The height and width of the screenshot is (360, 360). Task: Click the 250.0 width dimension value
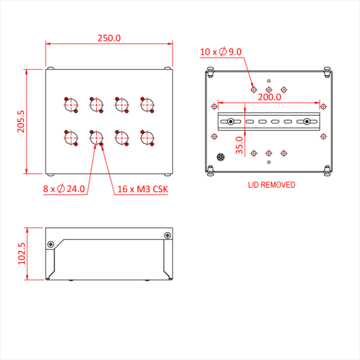tap(109, 38)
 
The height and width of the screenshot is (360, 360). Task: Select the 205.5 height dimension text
tap(21, 121)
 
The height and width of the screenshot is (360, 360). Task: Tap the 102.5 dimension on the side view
tap(21, 254)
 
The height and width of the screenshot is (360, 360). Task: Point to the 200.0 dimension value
tap(269, 97)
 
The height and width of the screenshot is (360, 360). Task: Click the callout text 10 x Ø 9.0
tap(221, 51)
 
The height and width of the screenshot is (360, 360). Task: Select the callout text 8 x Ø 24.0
tap(64, 189)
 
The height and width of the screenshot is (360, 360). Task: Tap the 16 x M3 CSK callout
tap(142, 189)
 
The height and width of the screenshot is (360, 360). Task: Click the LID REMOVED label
tap(272, 185)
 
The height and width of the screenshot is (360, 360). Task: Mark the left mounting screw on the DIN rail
tap(231, 121)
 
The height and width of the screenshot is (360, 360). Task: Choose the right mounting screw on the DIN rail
tap(307, 121)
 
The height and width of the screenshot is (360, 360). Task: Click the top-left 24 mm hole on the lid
tap(70, 104)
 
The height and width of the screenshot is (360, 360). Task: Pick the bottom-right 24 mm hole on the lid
tap(147, 138)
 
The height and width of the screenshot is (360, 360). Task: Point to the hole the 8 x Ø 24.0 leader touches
tap(96, 138)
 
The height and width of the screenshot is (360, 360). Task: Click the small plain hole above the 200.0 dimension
tap(269, 81)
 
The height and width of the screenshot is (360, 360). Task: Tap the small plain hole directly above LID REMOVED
tap(269, 162)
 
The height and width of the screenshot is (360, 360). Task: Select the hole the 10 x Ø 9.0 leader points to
tap(254, 89)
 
